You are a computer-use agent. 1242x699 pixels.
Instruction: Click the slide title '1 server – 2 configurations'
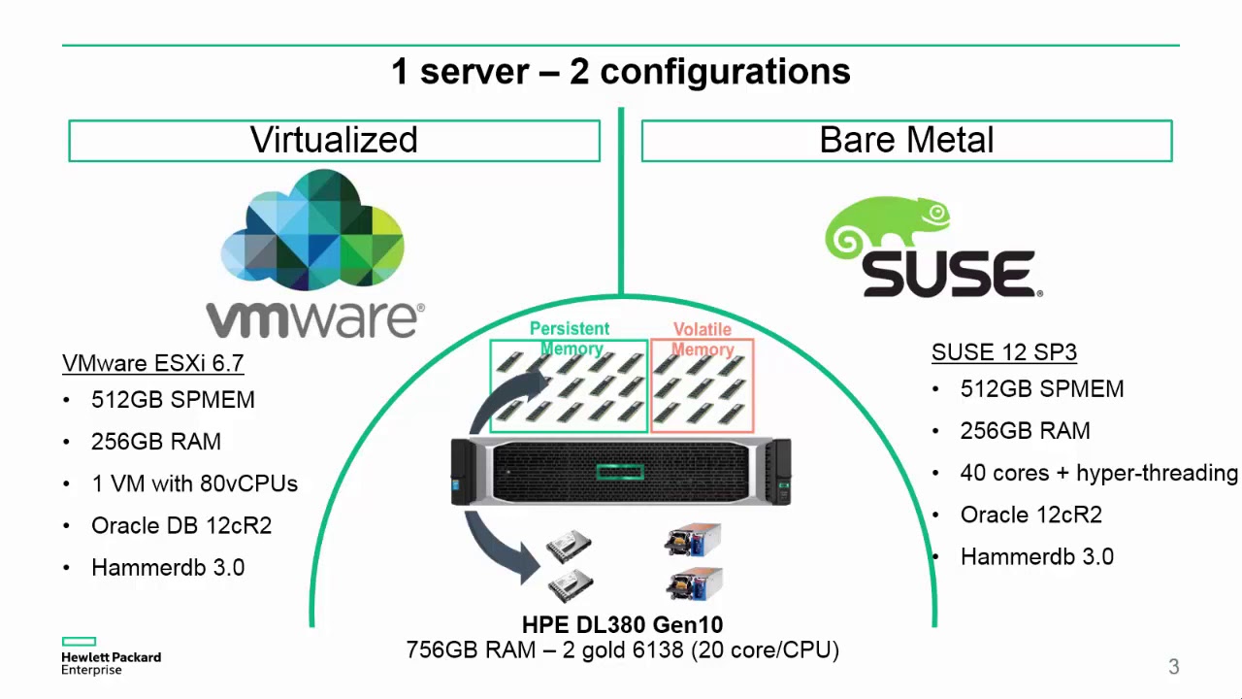coord(620,72)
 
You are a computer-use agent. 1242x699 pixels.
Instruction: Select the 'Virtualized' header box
coord(334,141)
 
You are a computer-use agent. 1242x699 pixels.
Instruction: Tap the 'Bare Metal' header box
coord(906,141)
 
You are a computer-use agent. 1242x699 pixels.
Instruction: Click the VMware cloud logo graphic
coord(312,230)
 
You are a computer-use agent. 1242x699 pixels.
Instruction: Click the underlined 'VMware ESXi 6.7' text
coord(152,363)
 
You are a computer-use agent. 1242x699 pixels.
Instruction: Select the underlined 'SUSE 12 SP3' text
coord(1003,352)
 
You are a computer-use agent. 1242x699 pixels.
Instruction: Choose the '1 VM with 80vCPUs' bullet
coord(194,483)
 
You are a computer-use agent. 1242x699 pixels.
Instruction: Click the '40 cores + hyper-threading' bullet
coord(1098,473)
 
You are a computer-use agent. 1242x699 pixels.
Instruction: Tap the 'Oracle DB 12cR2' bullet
coord(181,525)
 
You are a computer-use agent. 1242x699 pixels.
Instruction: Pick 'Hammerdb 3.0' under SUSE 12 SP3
coord(1036,557)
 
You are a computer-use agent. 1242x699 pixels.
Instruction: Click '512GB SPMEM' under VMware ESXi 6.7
coord(173,400)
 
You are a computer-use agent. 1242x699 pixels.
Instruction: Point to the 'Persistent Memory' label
coord(570,339)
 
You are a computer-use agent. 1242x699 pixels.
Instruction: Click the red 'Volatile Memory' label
coord(702,340)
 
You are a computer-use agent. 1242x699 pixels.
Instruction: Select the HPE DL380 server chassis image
coord(620,472)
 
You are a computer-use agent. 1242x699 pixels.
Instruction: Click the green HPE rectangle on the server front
coord(620,472)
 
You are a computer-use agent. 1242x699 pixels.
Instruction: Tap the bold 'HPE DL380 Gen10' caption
coord(622,624)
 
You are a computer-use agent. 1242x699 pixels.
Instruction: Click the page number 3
coord(1173,667)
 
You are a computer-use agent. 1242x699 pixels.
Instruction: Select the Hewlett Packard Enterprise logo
coord(110,656)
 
